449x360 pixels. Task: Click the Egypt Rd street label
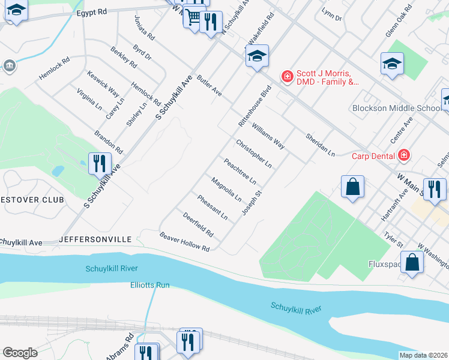pyautogui.click(x=91, y=11)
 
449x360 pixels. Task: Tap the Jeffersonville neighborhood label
pyautogui.click(x=95, y=239)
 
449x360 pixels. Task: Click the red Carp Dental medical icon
pyautogui.click(x=404, y=155)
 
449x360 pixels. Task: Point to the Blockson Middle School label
pyautogui.click(x=396, y=109)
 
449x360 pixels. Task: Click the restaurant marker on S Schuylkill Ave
pyautogui.click(x=99, y=163)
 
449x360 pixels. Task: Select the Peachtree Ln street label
pyautogui.click(x=240, y=171)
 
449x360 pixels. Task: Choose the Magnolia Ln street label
pyautogui.click(x=226, y=189)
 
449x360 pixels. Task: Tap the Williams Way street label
pyautogui.click(x=268, y=136)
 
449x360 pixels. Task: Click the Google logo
pyautogui.click(x=20, y=353)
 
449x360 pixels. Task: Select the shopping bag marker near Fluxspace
pyautogui.click(x=412, y=263)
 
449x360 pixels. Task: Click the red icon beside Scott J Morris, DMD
pyautogui.click(x=287, y=77)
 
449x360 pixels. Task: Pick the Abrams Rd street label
pyautogui.click(x=126, y=347)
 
